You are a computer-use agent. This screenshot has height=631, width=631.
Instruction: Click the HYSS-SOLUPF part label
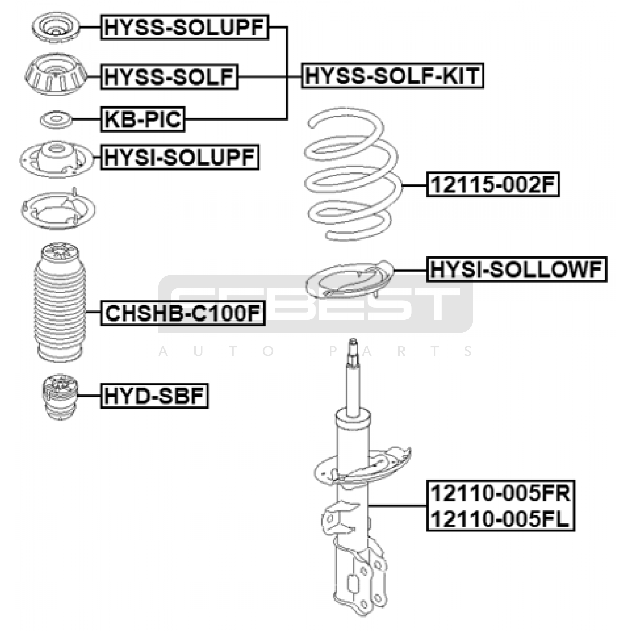(x=185, y=27)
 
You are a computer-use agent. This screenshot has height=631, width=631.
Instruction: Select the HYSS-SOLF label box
(x=169, y=77)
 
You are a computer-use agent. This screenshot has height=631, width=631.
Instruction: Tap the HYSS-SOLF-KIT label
(x=392, y=76)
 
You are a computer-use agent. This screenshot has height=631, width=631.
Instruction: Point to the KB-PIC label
(x=143, y=119)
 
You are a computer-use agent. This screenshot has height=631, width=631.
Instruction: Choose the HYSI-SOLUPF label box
(x=180, y=157)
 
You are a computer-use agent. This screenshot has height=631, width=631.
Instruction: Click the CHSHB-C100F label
(x=183, y=313)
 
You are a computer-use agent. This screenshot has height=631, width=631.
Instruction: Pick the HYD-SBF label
(x=154, y=396)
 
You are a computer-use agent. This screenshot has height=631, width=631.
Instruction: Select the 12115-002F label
(x=493, y=184)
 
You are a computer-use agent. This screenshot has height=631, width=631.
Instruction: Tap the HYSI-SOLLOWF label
(x=517, y=269)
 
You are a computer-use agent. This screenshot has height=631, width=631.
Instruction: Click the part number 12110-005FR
(x=500, y=493)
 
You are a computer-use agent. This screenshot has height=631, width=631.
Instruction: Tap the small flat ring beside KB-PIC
(x=56, y=119)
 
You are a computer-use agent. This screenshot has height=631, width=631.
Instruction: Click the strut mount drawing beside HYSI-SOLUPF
(x=56, y=159)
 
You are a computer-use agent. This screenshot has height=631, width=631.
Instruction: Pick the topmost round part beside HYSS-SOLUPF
(x=56, y=28)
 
